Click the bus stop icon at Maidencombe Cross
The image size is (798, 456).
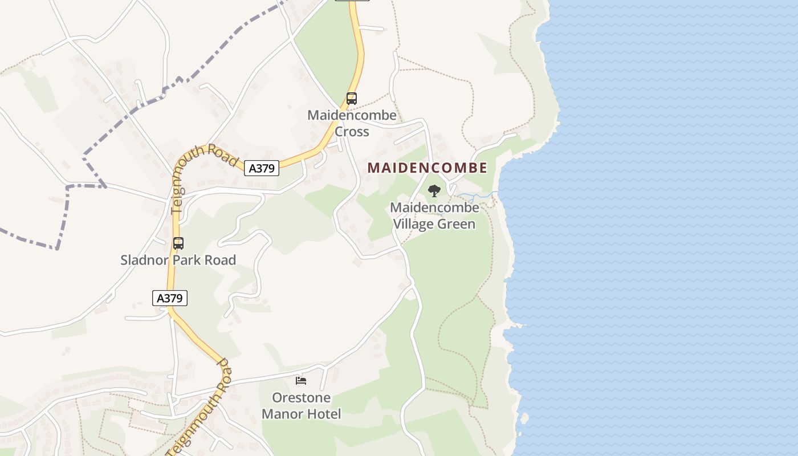(352, 99)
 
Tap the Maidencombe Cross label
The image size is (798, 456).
(352, 123)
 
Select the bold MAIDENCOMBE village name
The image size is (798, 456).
(427, 168)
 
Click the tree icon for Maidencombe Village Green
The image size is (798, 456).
(434, 191)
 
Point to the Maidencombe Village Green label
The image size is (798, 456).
(434, 215)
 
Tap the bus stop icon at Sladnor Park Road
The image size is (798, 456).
(178, 243)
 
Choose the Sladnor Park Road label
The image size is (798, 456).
(178, 260)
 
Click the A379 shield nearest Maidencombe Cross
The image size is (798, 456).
(262, 168)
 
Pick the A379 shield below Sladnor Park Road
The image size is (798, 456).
(170, 298)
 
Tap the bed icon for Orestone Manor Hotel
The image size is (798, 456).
(301, 380)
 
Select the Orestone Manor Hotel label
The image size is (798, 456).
(301, 405)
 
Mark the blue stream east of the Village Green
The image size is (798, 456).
(478, 196)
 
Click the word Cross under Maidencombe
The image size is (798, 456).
(352, 132)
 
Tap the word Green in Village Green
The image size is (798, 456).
(456, 224)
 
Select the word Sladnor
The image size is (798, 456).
(140, 260)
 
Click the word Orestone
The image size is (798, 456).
(301, 397)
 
